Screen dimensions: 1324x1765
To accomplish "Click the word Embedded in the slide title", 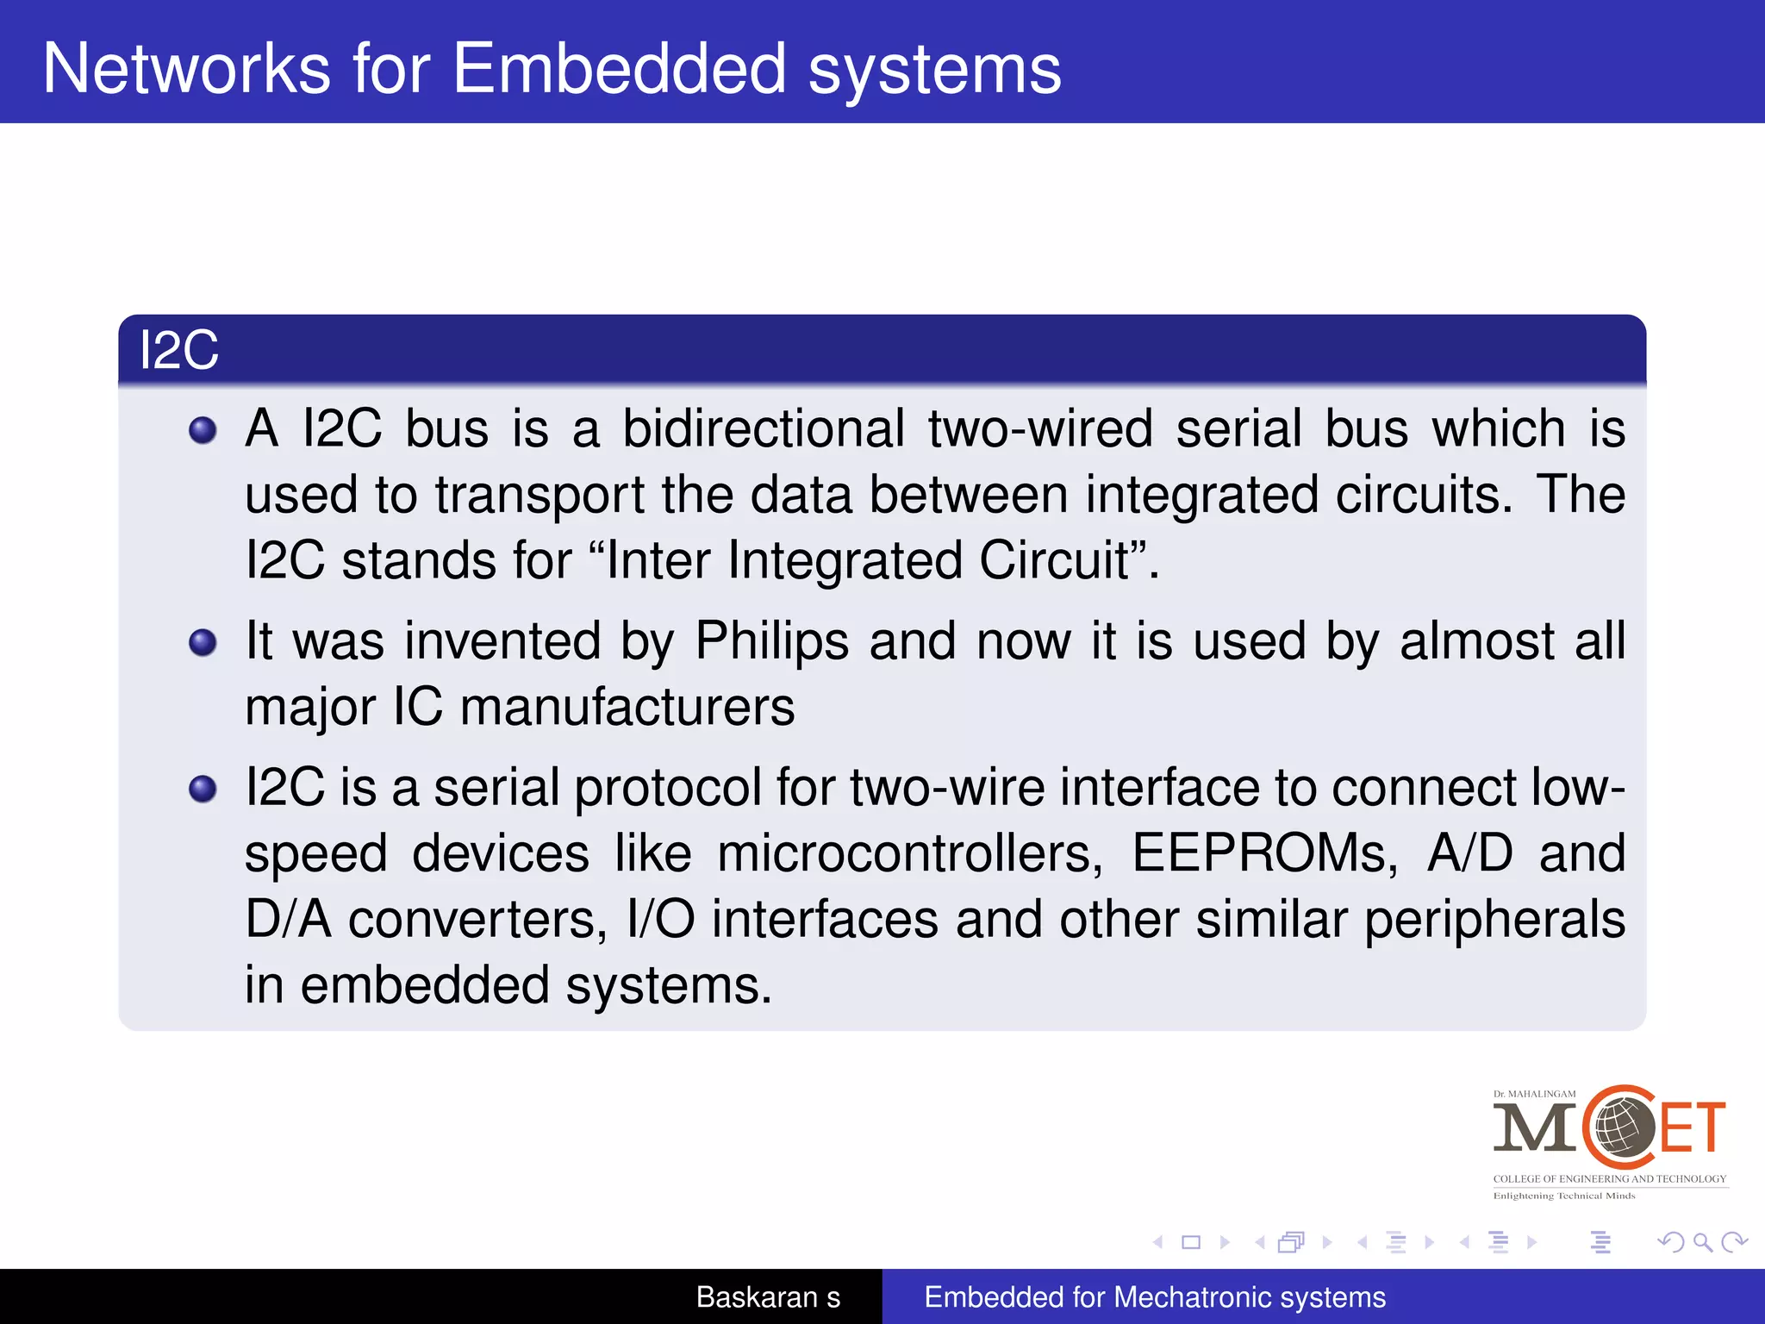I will coord(619,69).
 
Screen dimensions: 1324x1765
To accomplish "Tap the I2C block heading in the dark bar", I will coord(179,351).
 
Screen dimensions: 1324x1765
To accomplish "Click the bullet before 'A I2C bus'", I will coord(203,430).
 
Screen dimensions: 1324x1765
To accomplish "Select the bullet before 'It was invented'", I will coord(203,642).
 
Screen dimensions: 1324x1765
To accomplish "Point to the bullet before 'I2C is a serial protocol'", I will coord(203,789).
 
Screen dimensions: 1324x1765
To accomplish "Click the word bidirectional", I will coord(764,428).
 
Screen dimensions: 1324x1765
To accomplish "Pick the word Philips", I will coord(772,642).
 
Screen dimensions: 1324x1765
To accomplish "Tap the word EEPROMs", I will coord(1264,853).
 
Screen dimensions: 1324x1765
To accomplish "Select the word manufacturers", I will coord(627,708).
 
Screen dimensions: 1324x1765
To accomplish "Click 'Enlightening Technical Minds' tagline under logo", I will coord(1563,1196).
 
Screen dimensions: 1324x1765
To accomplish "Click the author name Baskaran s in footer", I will coord(768,1297).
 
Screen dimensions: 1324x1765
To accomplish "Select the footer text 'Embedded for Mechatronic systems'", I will coord(1155,1297).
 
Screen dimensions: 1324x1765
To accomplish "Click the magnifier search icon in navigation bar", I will coord(1702,1242).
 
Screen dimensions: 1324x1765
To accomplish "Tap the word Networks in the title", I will coord(186,69).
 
